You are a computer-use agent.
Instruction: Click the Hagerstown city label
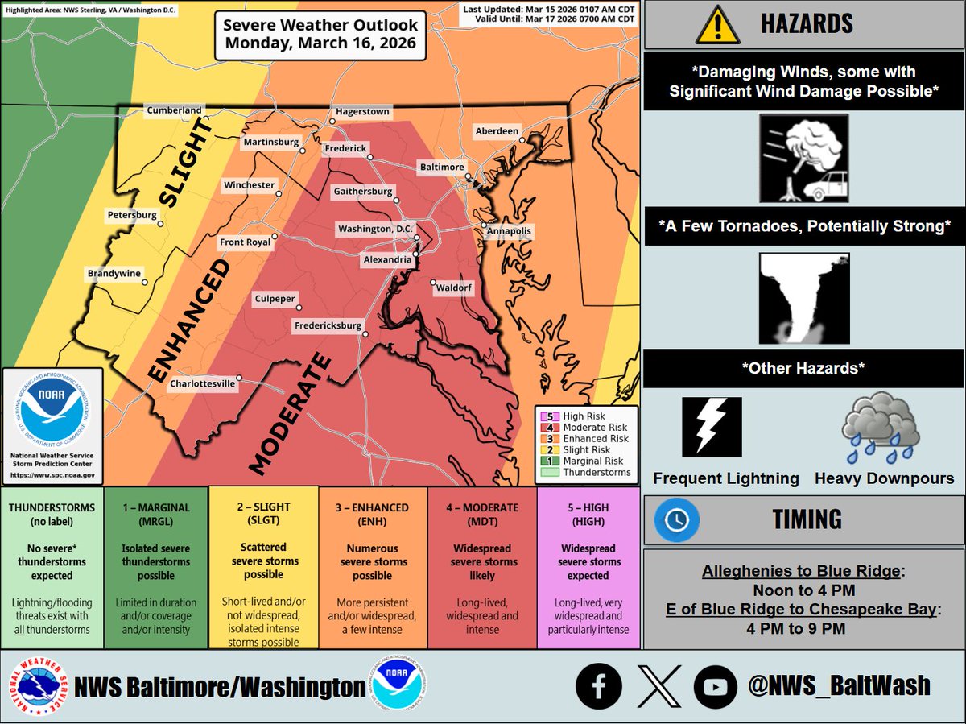(x=363, y=111)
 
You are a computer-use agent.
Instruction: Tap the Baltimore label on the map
(x=441, y=167)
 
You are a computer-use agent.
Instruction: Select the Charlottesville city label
(x=203, y=384)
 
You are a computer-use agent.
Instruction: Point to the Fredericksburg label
(x=326, y=326)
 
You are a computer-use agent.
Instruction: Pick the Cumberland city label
(x=174, y=110)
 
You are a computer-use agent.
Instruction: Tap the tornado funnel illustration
(x=803, y=297)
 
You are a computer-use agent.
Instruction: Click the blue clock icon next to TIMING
(x=675, y=519)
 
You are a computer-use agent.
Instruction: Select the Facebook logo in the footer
(x=598, y=686)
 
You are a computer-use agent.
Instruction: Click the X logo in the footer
(x=656, y=686)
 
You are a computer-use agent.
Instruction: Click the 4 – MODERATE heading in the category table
(x=481, y=507)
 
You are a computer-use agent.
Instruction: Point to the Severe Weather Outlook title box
(x=320, y=35)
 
